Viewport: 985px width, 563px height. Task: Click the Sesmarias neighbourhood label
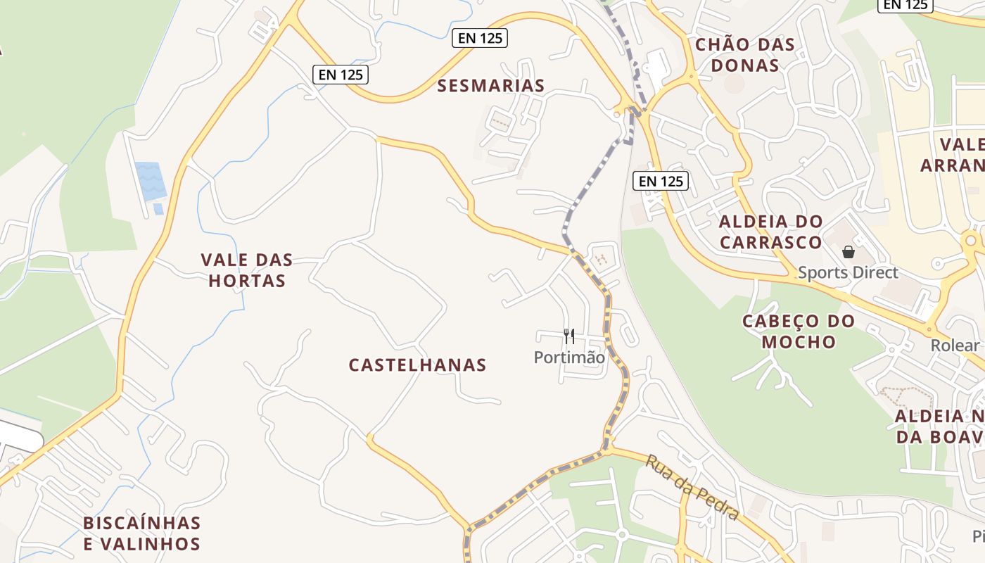490,86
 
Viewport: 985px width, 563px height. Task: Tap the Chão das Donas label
744,55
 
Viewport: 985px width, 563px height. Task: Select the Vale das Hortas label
246,270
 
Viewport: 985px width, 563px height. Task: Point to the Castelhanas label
417,365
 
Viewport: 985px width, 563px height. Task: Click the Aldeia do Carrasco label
770,232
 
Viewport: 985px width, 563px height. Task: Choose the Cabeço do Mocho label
799,331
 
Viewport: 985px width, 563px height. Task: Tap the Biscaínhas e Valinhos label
141,533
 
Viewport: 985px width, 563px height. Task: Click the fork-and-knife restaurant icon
569,336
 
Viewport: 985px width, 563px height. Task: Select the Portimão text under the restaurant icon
568,358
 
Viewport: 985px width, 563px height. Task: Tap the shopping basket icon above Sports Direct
849,252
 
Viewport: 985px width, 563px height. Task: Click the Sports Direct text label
848,272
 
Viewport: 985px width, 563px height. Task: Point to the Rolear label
954,346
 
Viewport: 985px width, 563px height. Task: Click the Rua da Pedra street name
692,488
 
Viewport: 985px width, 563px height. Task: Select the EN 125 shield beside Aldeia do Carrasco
660,181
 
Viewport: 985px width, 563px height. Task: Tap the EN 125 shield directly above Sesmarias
480,38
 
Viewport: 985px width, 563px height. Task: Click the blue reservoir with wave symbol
151,180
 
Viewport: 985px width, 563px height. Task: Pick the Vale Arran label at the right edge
961,155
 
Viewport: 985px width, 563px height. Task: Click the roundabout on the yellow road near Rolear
930,329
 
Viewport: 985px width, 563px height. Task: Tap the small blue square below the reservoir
158,209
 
